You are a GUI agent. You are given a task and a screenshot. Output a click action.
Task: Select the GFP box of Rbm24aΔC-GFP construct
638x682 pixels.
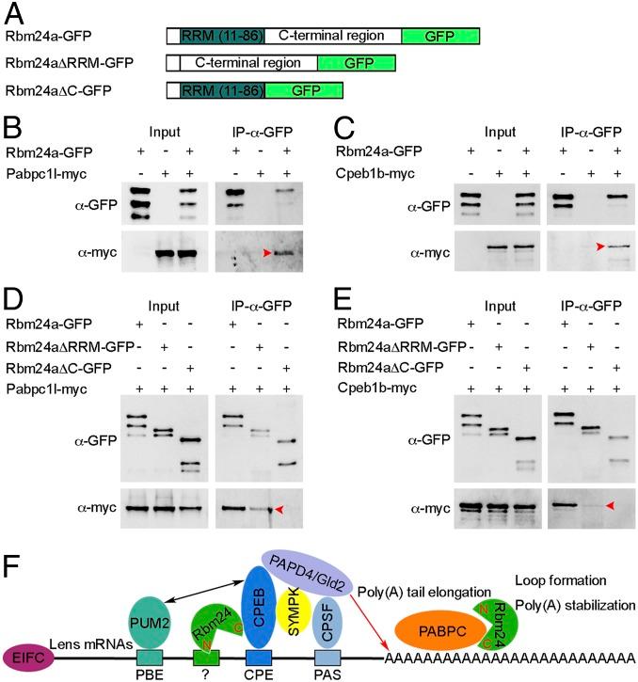[303, 90]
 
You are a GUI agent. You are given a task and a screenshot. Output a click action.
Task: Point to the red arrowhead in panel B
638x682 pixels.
[269, 252]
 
